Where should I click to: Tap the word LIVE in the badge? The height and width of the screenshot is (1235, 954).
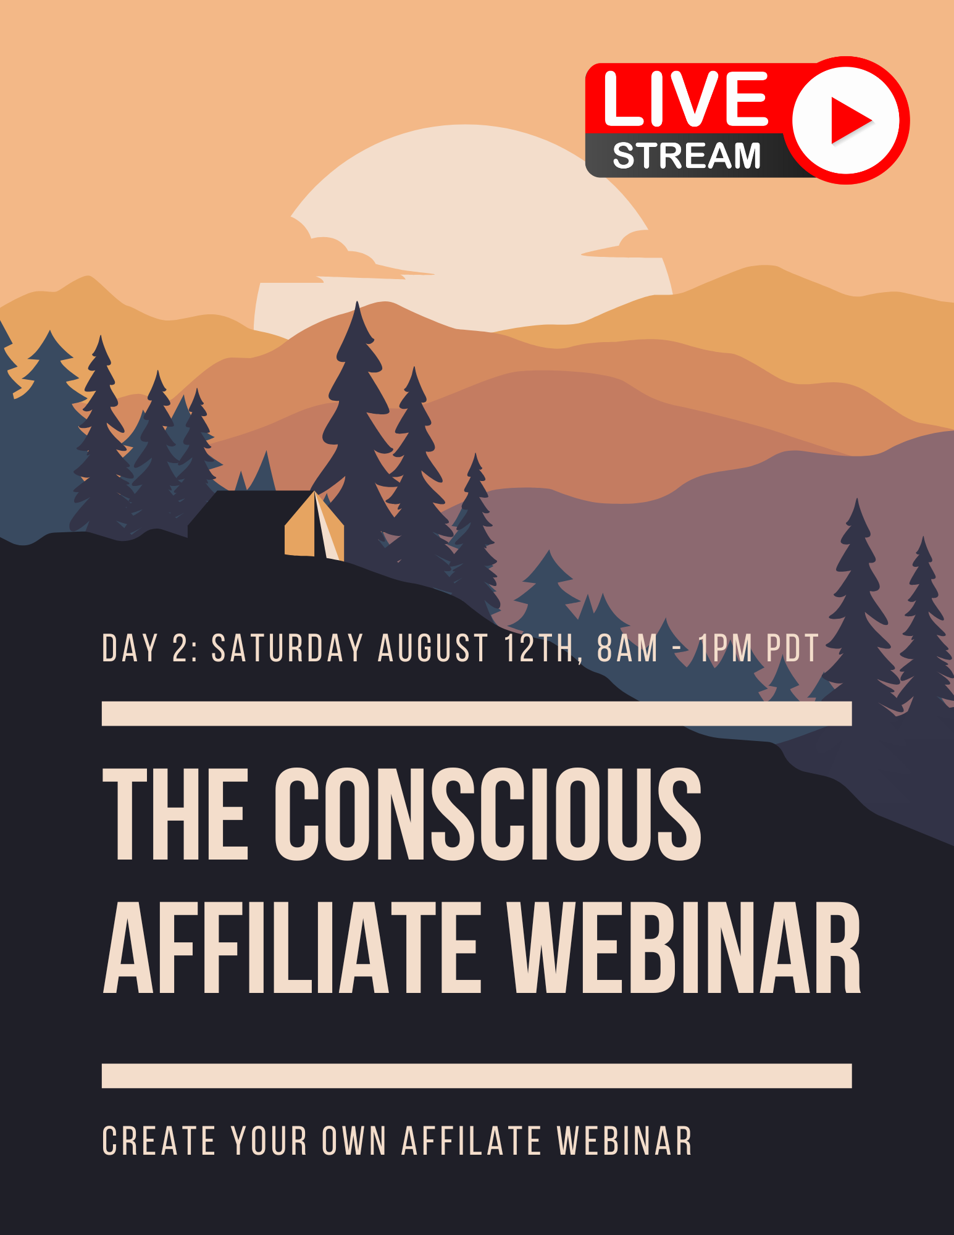[685, 98]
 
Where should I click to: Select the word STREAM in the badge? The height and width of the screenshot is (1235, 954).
[687, 156]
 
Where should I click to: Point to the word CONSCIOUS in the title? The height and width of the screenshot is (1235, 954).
[488, 814]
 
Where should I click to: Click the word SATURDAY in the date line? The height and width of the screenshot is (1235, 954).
[287, 648]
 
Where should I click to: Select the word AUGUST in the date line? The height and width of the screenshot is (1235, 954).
[433, 648]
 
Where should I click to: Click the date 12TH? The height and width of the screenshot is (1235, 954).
[540, 648]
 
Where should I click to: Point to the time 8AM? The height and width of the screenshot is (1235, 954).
[627, 648]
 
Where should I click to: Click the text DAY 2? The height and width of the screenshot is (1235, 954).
[149, 648]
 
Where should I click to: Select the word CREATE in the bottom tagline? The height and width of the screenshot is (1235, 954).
[159, 1141]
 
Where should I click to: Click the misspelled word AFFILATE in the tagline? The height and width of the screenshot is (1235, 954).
[472, 1141]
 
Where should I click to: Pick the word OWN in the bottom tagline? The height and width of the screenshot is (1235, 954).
[354, 1141]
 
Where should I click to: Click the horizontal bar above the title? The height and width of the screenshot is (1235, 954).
[477, 713]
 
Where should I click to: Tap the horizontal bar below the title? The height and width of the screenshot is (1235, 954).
[477, 1075]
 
